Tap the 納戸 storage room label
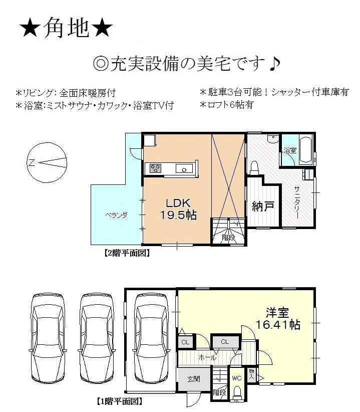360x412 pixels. (x=263, y=207)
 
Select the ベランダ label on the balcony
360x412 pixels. (x=116, y=215)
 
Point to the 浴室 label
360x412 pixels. (x=289, y=150)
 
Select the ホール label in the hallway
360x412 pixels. (x=207, y=357)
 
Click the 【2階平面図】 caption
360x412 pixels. (x=127, y=253)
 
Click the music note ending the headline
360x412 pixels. (x=274, y=64)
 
